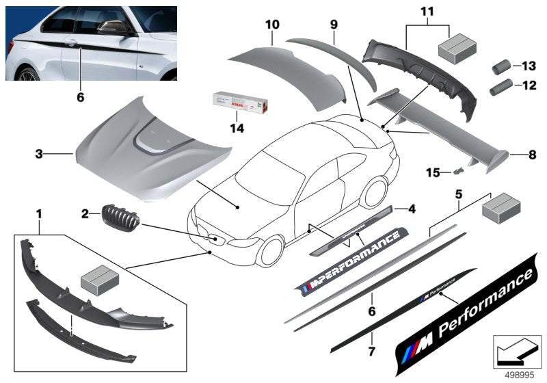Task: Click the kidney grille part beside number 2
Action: click(x=117, y=218)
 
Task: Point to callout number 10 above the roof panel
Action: click(x=272, y=25)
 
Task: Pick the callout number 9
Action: click(x=334, y=24)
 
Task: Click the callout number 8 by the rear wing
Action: click(x=532, y=155)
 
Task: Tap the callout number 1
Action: click(x=39, y=214)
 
